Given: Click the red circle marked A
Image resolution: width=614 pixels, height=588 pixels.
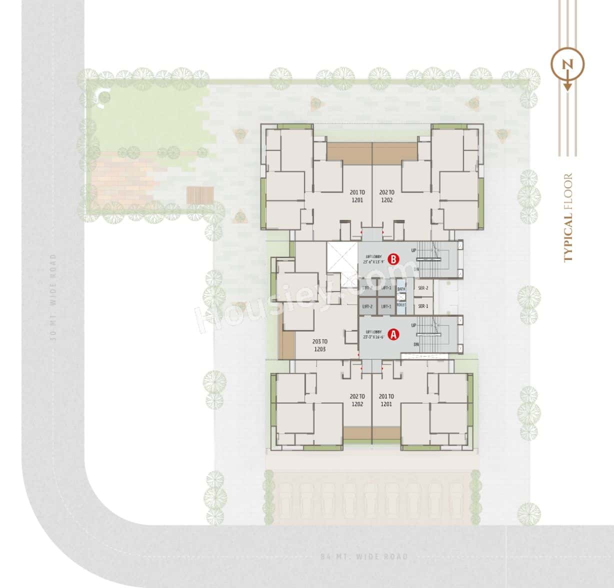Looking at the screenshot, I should point(393,334).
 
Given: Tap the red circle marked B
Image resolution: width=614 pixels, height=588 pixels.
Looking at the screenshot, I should point(394,259).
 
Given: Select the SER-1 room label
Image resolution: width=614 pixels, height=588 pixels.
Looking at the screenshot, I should point(423,306).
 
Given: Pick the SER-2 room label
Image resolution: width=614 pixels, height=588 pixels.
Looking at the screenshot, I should point(423,288).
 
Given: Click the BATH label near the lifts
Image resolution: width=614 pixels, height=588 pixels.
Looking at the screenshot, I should point(401,289).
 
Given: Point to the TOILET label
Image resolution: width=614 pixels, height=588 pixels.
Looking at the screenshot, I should point(401,304).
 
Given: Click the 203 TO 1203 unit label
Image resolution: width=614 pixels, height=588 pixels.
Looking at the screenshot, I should point(319,345).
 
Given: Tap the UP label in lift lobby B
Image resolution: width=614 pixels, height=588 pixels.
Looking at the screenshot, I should point(413,249).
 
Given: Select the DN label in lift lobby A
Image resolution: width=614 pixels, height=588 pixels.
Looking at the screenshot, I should point(416,344).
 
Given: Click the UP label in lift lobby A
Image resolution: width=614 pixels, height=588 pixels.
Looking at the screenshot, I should point(413,325).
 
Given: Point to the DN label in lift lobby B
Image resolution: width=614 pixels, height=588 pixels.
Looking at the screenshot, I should point(416,269).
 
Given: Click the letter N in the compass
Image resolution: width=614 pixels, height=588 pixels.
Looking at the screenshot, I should point(567,64).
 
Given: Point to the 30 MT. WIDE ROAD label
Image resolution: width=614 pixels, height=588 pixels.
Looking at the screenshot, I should point(53,297).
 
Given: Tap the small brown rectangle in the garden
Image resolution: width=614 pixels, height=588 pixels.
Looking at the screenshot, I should point(200,195).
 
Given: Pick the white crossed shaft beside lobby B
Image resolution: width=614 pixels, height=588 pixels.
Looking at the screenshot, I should point(342,257).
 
